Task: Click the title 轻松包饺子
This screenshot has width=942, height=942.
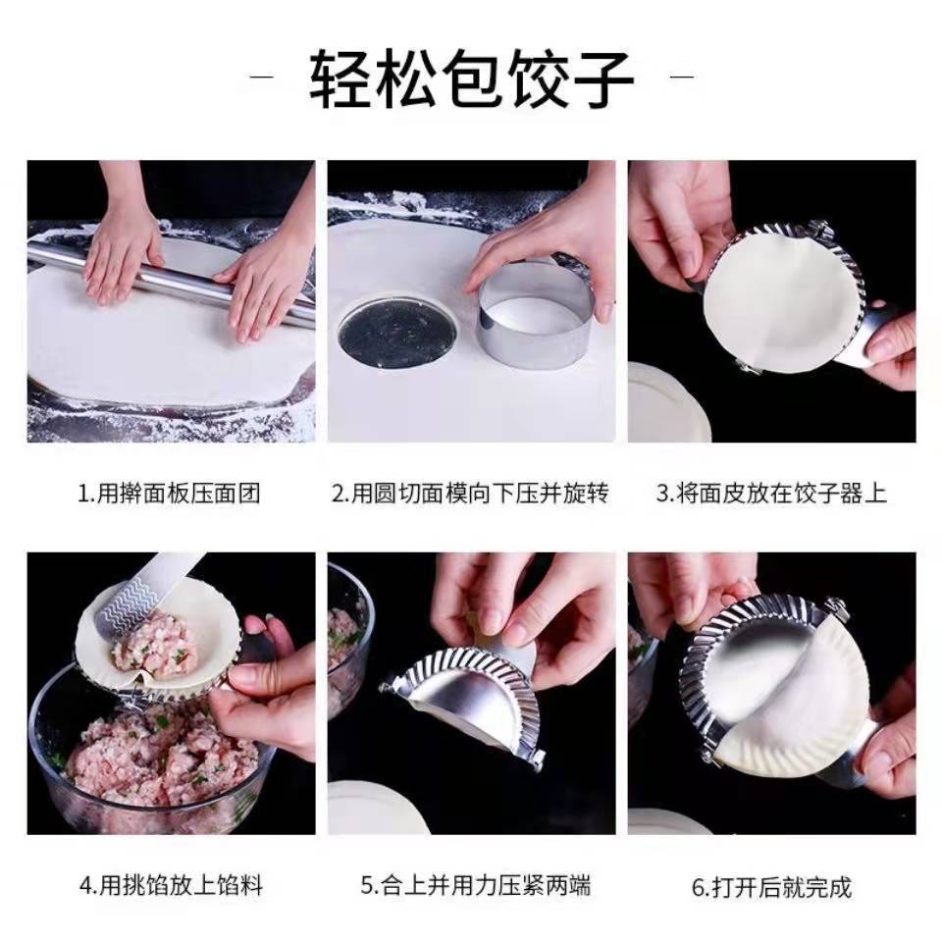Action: pyautogui.click(x=472, y=78)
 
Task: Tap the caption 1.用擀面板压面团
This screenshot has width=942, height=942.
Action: pyautogui.click(x=170, y=494)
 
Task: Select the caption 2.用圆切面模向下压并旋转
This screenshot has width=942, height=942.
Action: pyautogui.click(x=471, y=494)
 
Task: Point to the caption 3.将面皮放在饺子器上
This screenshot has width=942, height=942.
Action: pyautogui.click(x=771, y=494)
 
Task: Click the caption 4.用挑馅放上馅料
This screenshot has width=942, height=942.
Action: pyautogui.click(x=171, y=885)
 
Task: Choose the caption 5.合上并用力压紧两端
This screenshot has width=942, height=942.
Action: pyautogui.click(x=476, y=885)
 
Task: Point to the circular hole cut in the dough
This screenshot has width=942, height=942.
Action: pyautogui.click(x=398, y=333)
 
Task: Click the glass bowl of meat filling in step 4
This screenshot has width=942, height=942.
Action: pyautogui.click(x=147, y=750)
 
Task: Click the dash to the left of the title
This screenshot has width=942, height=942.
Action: pyautogui.click(x=262, y=77)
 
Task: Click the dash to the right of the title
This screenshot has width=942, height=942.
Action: pyautogui.click(x=682, y=77)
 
